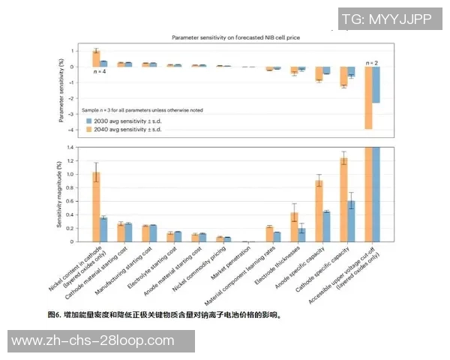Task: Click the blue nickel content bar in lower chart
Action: pos(103,229)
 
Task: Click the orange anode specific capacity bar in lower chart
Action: pos(319,211)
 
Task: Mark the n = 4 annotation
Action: pos(99,72)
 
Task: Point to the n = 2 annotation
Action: pos(371,61)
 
